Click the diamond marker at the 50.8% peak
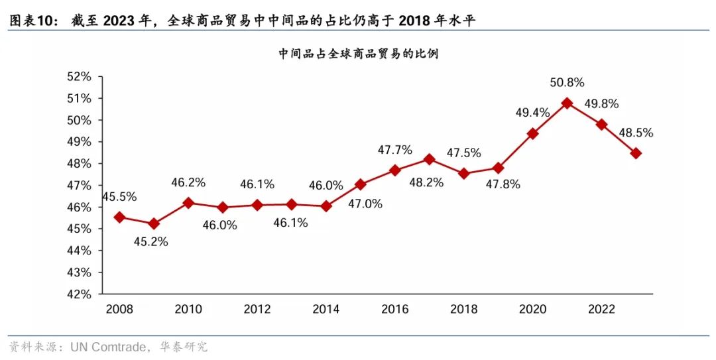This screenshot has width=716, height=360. pos(567,103)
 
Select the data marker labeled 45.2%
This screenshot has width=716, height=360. pos(154,224)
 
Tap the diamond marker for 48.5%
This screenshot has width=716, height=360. pos(636,153)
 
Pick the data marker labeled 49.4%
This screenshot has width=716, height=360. pos(532,133)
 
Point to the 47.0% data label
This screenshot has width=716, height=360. pos(365,204)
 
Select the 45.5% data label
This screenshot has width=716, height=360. pos(119,196)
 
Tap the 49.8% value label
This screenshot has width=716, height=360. pos(601,103)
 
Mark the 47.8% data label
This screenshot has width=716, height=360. pos(503,184)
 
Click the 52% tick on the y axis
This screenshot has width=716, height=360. pos(79,77)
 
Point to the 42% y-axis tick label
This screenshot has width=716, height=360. pos(79,294)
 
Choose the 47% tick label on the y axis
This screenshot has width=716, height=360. pos(79,186)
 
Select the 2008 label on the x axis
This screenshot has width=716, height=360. pos(119,310)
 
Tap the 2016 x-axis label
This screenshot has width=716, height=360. pos(394,310)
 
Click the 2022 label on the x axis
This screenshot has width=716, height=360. pos(601,310)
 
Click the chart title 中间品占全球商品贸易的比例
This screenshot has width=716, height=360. pos(359,54)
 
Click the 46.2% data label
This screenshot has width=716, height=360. pos(188,182)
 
